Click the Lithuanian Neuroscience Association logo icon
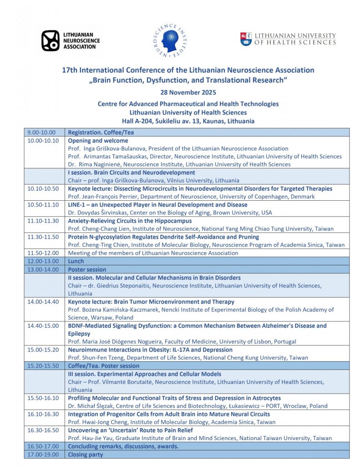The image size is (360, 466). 50,40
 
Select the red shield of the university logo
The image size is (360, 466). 246,39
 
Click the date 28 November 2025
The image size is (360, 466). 188,92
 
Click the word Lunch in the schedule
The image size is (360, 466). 76,262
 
